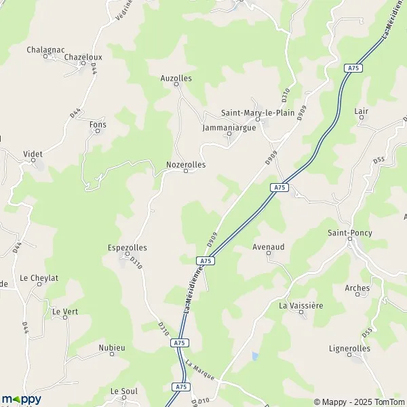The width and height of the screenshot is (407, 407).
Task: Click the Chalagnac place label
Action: pos(45,50)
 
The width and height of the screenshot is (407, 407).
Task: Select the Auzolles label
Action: pos(176,79)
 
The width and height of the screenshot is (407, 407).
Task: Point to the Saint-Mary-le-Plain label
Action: pos(258,113)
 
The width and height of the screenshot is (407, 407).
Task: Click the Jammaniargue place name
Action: pos(229,127)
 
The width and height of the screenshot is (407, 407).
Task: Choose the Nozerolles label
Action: pos(186,164)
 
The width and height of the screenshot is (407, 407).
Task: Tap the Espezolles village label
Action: pos(127,248)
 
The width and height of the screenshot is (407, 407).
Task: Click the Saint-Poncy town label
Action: pos(350,233)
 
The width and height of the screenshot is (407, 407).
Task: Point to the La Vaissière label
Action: pos(301,305)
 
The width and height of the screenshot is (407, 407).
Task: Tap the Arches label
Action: pos(357,288)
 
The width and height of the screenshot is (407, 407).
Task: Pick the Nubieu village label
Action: pos(112,348)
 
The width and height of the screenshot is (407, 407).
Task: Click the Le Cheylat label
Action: pos(39,277)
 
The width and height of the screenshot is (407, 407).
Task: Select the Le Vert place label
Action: pos(65,311)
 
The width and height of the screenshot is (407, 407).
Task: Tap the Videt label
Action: pos(33,155)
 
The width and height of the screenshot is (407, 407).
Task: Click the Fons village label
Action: pos(98,125)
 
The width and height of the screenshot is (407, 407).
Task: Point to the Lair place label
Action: pos(361,111)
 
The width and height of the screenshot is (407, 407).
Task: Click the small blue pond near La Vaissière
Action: pos(254,355)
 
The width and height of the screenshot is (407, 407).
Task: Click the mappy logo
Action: pos(21,399)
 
